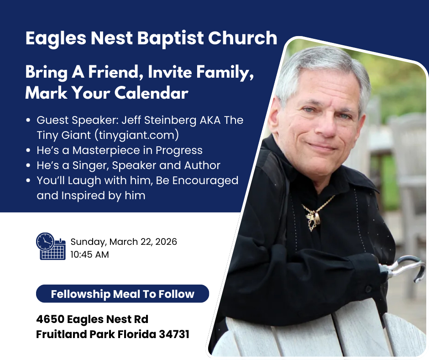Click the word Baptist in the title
coord(170,38)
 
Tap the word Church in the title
coord(243,37)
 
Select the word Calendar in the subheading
coord(152,93)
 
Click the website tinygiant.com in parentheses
coord(137,135)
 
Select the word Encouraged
coord(205,181)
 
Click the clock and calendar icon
coord(51,246)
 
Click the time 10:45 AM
coord(89,254)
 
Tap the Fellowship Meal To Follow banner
coord(123,294)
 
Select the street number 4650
coord(50,319)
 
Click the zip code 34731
coord(174,334)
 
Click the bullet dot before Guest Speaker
coord(28,120)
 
